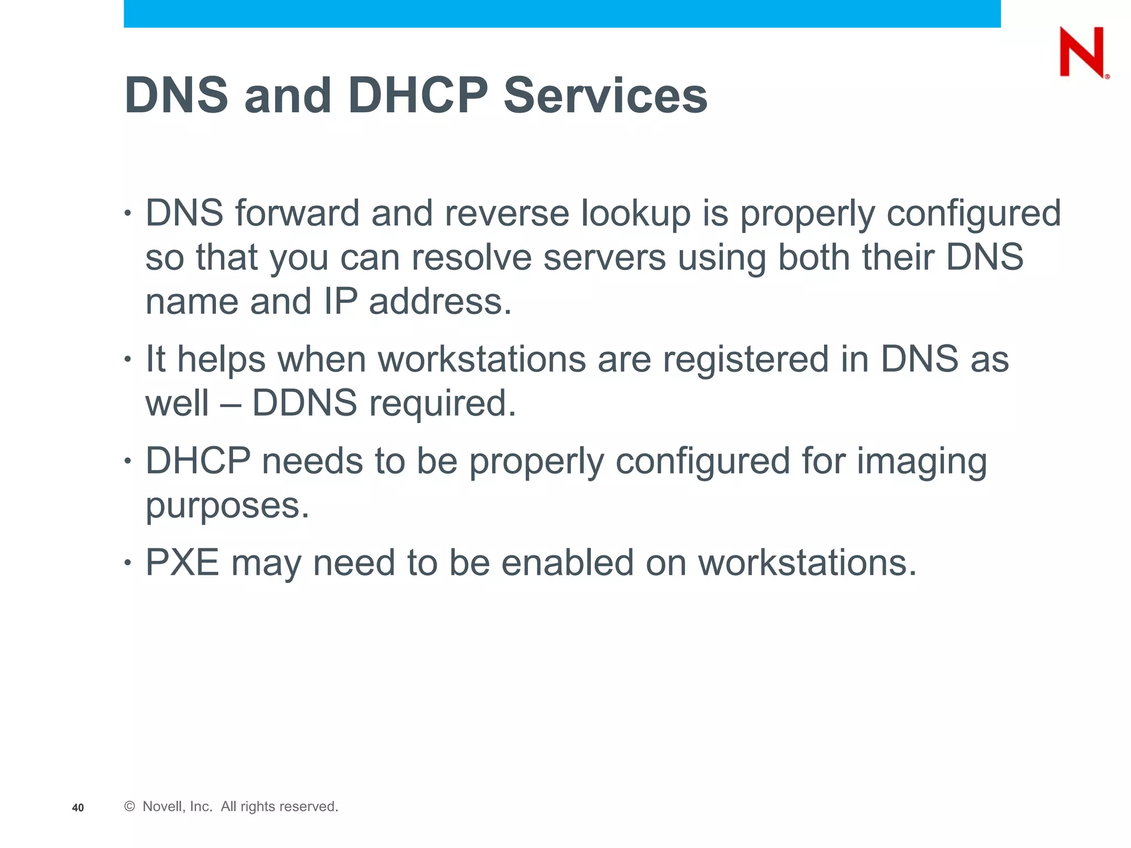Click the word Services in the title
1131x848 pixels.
(605, 96)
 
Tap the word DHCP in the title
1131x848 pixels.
(418, 96)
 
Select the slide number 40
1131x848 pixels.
(78, 808)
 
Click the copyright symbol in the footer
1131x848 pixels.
(130, 807)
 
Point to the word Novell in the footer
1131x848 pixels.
(162, 807)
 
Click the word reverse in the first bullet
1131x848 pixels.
(506, 213)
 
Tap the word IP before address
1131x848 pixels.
(340, 302)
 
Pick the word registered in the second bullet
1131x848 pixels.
(746, 359)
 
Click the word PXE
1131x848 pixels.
(182, 563)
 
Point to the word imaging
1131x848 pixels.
(922, 462)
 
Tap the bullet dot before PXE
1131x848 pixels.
(128, 563)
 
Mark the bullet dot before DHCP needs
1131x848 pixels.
(128, 461)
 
